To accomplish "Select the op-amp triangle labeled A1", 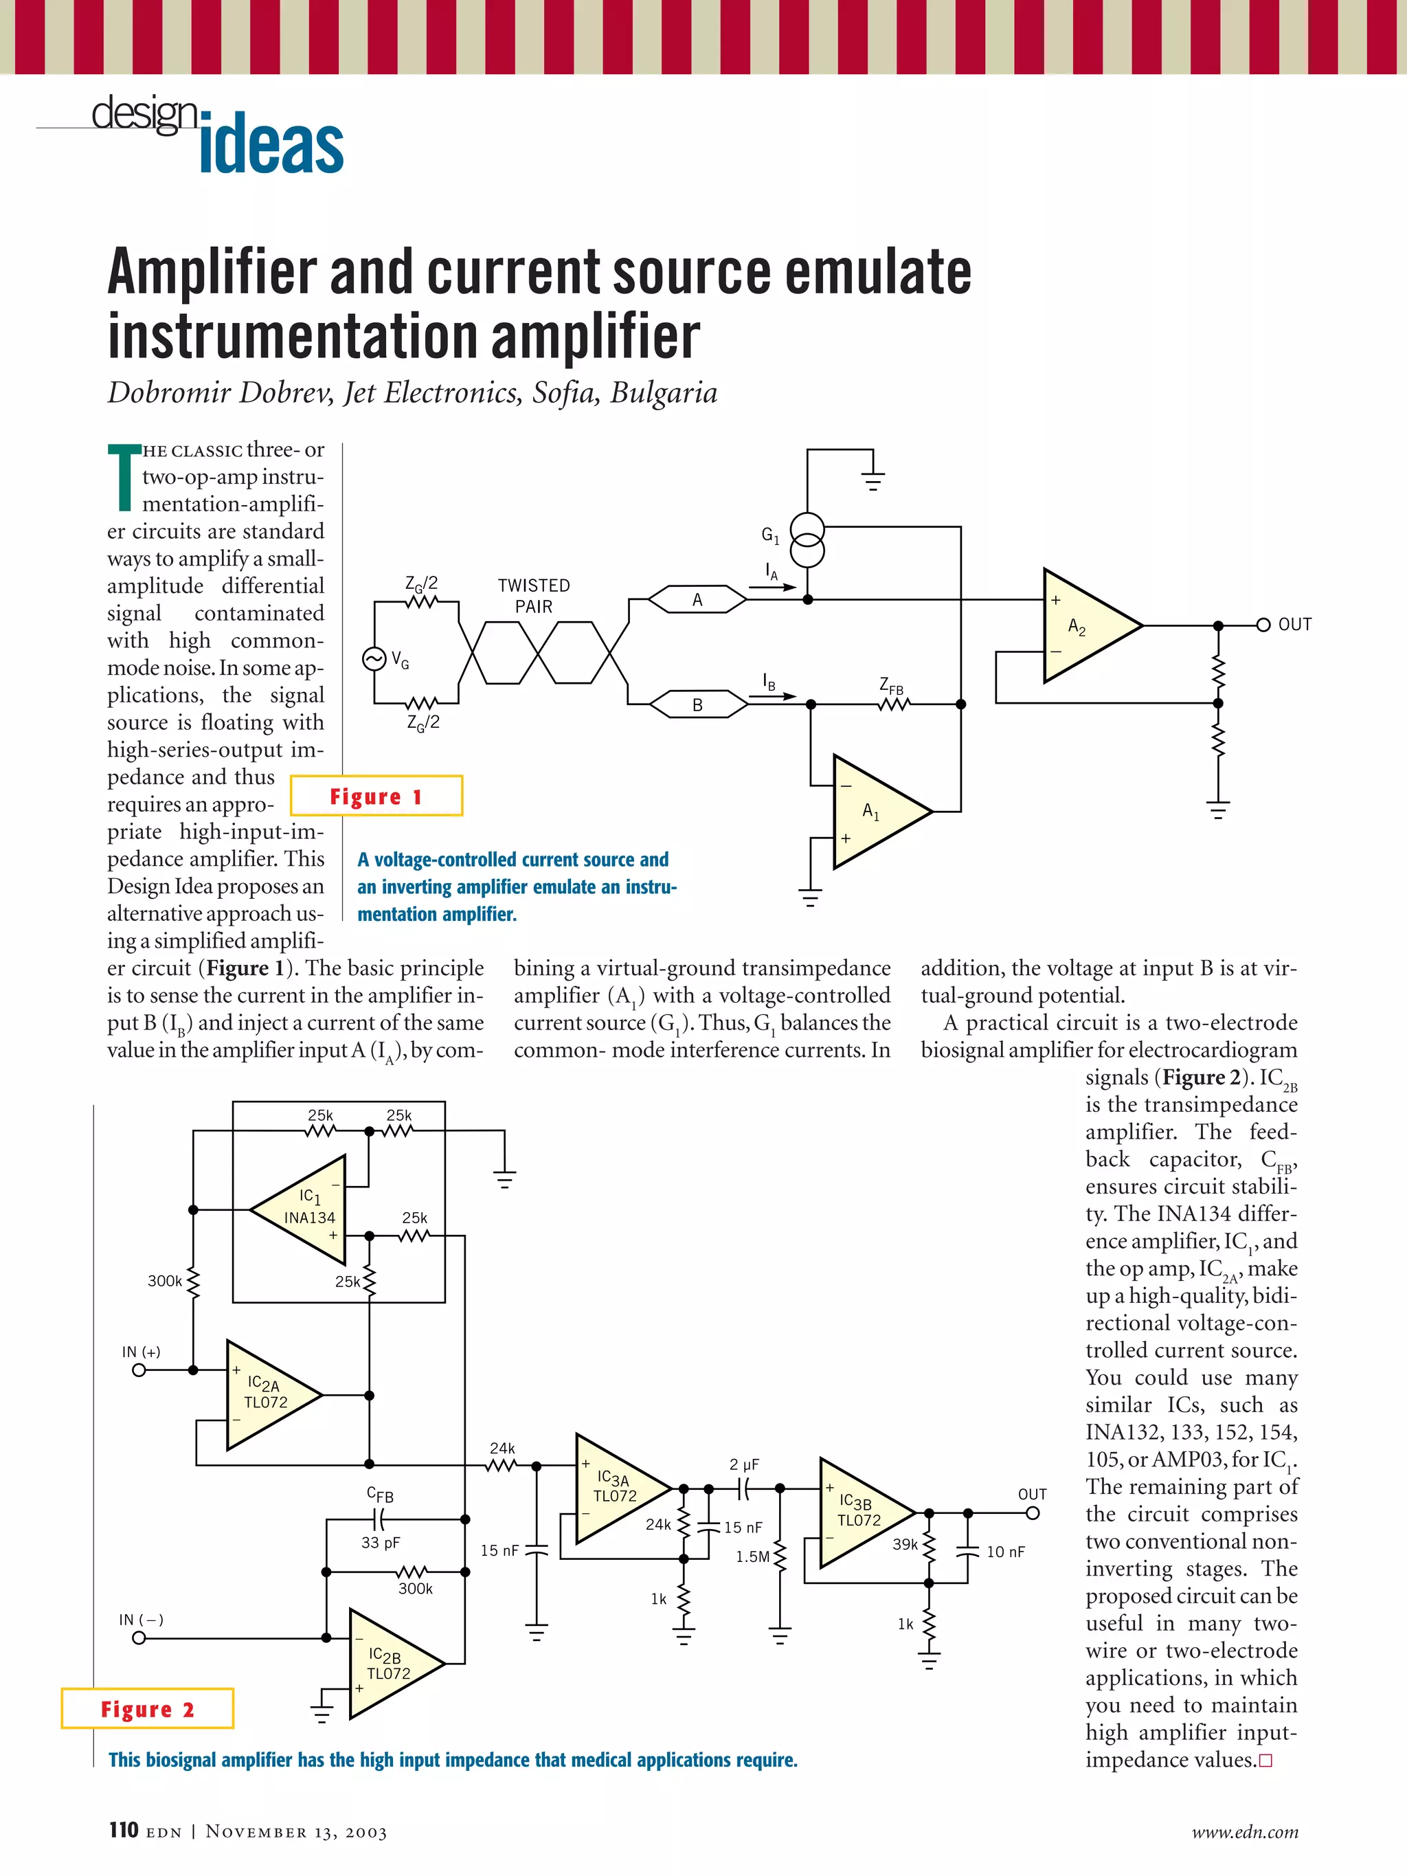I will [875, 812].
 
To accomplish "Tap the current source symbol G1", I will [807, 539].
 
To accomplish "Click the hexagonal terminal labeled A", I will [697, 600].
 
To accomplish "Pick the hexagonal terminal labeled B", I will [698, 705].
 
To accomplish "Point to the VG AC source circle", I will [374, 659].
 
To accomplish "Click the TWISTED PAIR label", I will [533, 595].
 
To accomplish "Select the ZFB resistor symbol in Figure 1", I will [893, 704].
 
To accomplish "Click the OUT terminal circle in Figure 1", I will [1263, 625].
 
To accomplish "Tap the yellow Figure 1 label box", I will [376, 796].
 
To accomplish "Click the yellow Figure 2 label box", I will [148, 1709].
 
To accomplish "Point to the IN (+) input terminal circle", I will [139, 1370].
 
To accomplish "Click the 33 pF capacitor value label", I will [380, 1543].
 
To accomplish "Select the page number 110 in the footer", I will [124, 1830].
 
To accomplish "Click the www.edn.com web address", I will [1244, 1832].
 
